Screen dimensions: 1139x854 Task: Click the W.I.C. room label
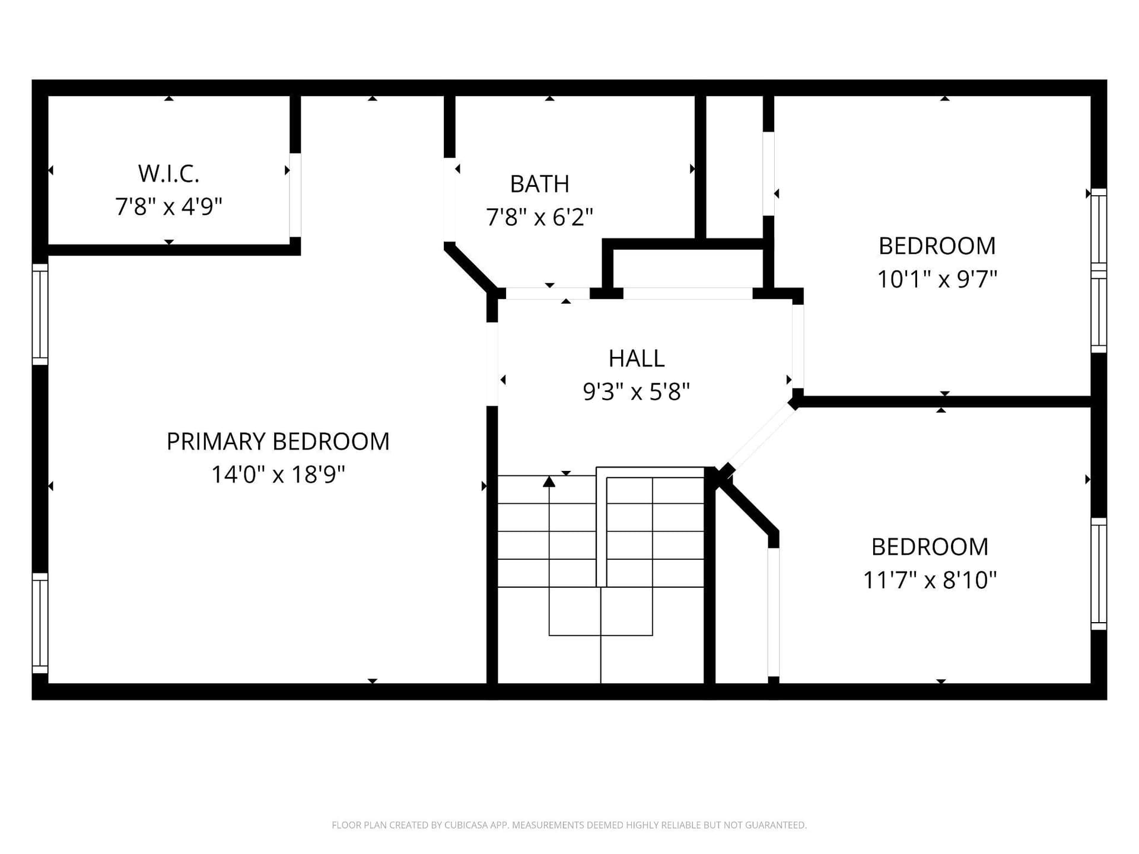168,174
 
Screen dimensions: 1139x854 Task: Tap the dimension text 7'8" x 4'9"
168,207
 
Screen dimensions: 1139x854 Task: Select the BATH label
540,184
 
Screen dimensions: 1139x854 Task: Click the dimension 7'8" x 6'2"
540,218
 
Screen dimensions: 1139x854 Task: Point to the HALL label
637,358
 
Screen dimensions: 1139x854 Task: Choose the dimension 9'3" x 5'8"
637,392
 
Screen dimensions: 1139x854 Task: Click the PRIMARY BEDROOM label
278,441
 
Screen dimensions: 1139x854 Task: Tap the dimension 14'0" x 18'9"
278,474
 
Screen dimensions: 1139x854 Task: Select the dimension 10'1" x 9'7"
937,279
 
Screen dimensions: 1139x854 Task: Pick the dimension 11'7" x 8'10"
930,580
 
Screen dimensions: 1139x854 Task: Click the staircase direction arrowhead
549,482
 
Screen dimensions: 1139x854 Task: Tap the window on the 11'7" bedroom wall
1099,574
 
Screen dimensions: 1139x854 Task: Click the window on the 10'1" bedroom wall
1099,270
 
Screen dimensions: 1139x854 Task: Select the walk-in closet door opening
295,195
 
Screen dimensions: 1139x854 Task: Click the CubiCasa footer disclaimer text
569,825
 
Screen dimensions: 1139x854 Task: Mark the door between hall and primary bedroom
492,364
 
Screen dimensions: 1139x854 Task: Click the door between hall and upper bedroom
798,346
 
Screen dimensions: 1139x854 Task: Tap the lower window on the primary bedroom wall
40,623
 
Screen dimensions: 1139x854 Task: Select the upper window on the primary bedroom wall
40,314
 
